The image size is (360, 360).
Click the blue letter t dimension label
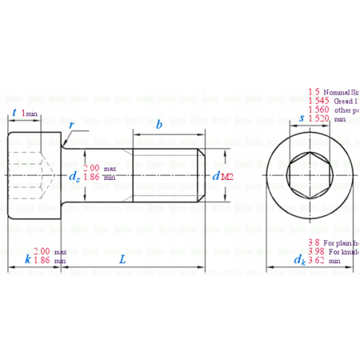click(x=15, y=114)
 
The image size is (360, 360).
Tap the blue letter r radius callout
click(x=72, y=125)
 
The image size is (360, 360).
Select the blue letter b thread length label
click(x=159, y=125)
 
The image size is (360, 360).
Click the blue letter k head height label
click(x=27, y=259)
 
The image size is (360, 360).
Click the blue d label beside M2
click(x=216, y=175)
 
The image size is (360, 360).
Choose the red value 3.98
click(x=317, y=251)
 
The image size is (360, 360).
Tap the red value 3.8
click(x=315, y=242)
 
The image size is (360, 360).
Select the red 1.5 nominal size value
click(x=314, y=92)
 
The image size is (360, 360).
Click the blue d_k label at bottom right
click(x=299, y=260)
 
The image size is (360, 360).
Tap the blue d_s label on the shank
click(x=74, y=175)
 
